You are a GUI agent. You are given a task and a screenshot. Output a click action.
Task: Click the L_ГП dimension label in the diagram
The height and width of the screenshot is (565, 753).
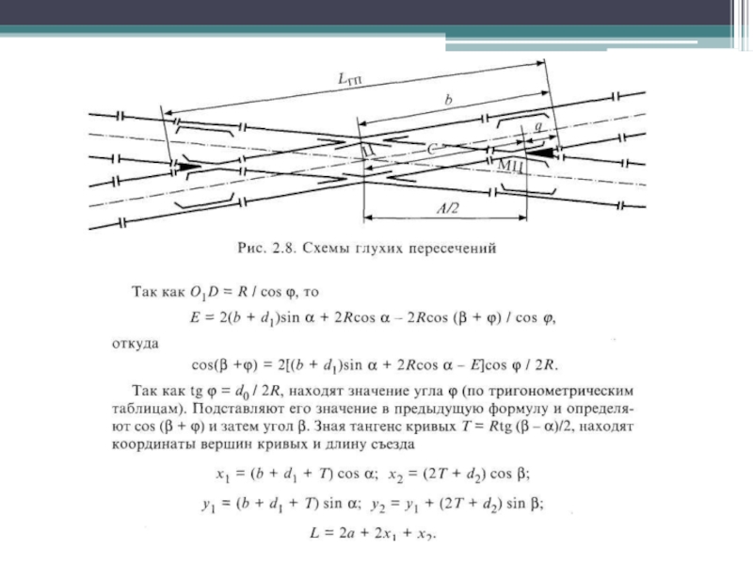pos(349,80)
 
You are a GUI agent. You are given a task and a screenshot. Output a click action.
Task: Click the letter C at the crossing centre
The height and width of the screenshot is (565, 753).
pos(432,149)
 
